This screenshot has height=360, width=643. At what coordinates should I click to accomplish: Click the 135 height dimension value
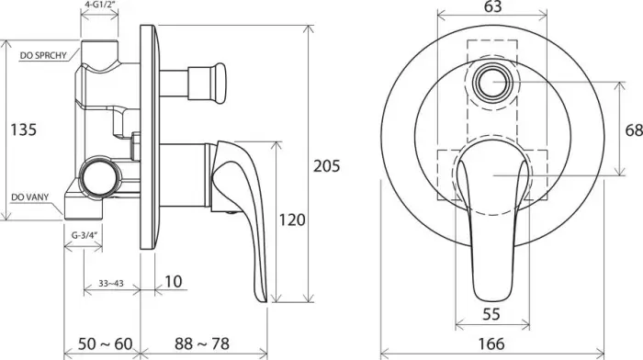pyautogui.click(x=23, y=129)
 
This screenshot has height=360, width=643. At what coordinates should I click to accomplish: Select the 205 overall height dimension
pyautogui.click(x=327, y=166)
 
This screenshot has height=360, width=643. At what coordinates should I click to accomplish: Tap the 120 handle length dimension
pyautogui.click(x=292, y=220)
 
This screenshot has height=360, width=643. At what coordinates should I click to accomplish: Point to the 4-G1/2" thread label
pyautogui.click(x=100, y=6)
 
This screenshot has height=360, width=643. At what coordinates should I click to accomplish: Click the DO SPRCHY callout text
pyautogui.click(x=43, y=56)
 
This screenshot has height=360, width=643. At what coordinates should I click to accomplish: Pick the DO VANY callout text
pyautogui.click(x=30, y=197)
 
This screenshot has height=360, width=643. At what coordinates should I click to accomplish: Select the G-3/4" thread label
pyautogui.click(x=85, y=235)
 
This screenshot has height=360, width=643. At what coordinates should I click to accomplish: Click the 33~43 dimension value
pyautogui.click(x=111, y=284)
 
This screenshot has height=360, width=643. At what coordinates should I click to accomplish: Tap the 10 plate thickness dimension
pyautogui.click(x=173, y=282)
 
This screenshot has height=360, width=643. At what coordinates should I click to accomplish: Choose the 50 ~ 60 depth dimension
pyautogui.click(x=106, y=343)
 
